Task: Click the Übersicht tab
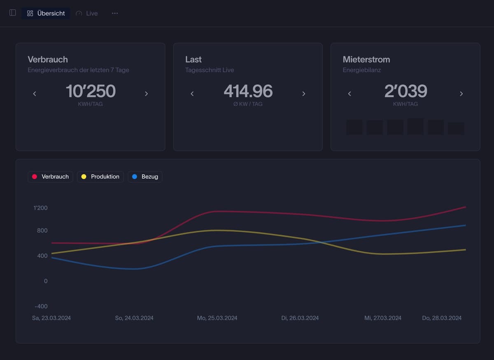(46, 13)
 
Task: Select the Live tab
(87, 13)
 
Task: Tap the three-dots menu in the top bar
(115, 13)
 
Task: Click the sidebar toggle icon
(12, 13)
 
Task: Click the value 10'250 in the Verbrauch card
(91, 91)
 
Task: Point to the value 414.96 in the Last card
(248, 91)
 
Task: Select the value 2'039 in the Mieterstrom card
(405, 91)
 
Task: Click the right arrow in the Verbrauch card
(146, 94)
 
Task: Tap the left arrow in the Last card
(192, 94)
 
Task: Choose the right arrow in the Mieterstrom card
(461, 94)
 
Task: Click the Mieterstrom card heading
(366, 59)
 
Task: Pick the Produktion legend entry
(100, 177)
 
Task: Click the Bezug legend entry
(145, 177)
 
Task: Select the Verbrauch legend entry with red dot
(51, 177)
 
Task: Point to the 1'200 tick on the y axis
(40, 208)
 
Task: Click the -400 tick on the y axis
(40, 306)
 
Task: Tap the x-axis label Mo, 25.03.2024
(217, 318)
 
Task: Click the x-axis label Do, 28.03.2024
(442, 318)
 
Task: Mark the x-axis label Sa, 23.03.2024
(51, 318)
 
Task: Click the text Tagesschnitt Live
(210, 70)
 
